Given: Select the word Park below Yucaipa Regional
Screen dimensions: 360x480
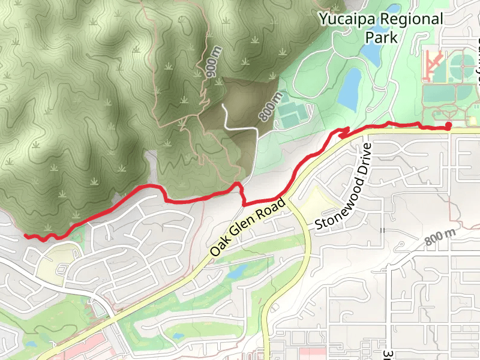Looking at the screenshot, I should [x=382, y=37].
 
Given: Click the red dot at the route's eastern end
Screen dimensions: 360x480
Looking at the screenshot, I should [x=449, y=125].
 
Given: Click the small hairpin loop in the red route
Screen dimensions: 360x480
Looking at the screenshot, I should [x=343, y=132].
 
